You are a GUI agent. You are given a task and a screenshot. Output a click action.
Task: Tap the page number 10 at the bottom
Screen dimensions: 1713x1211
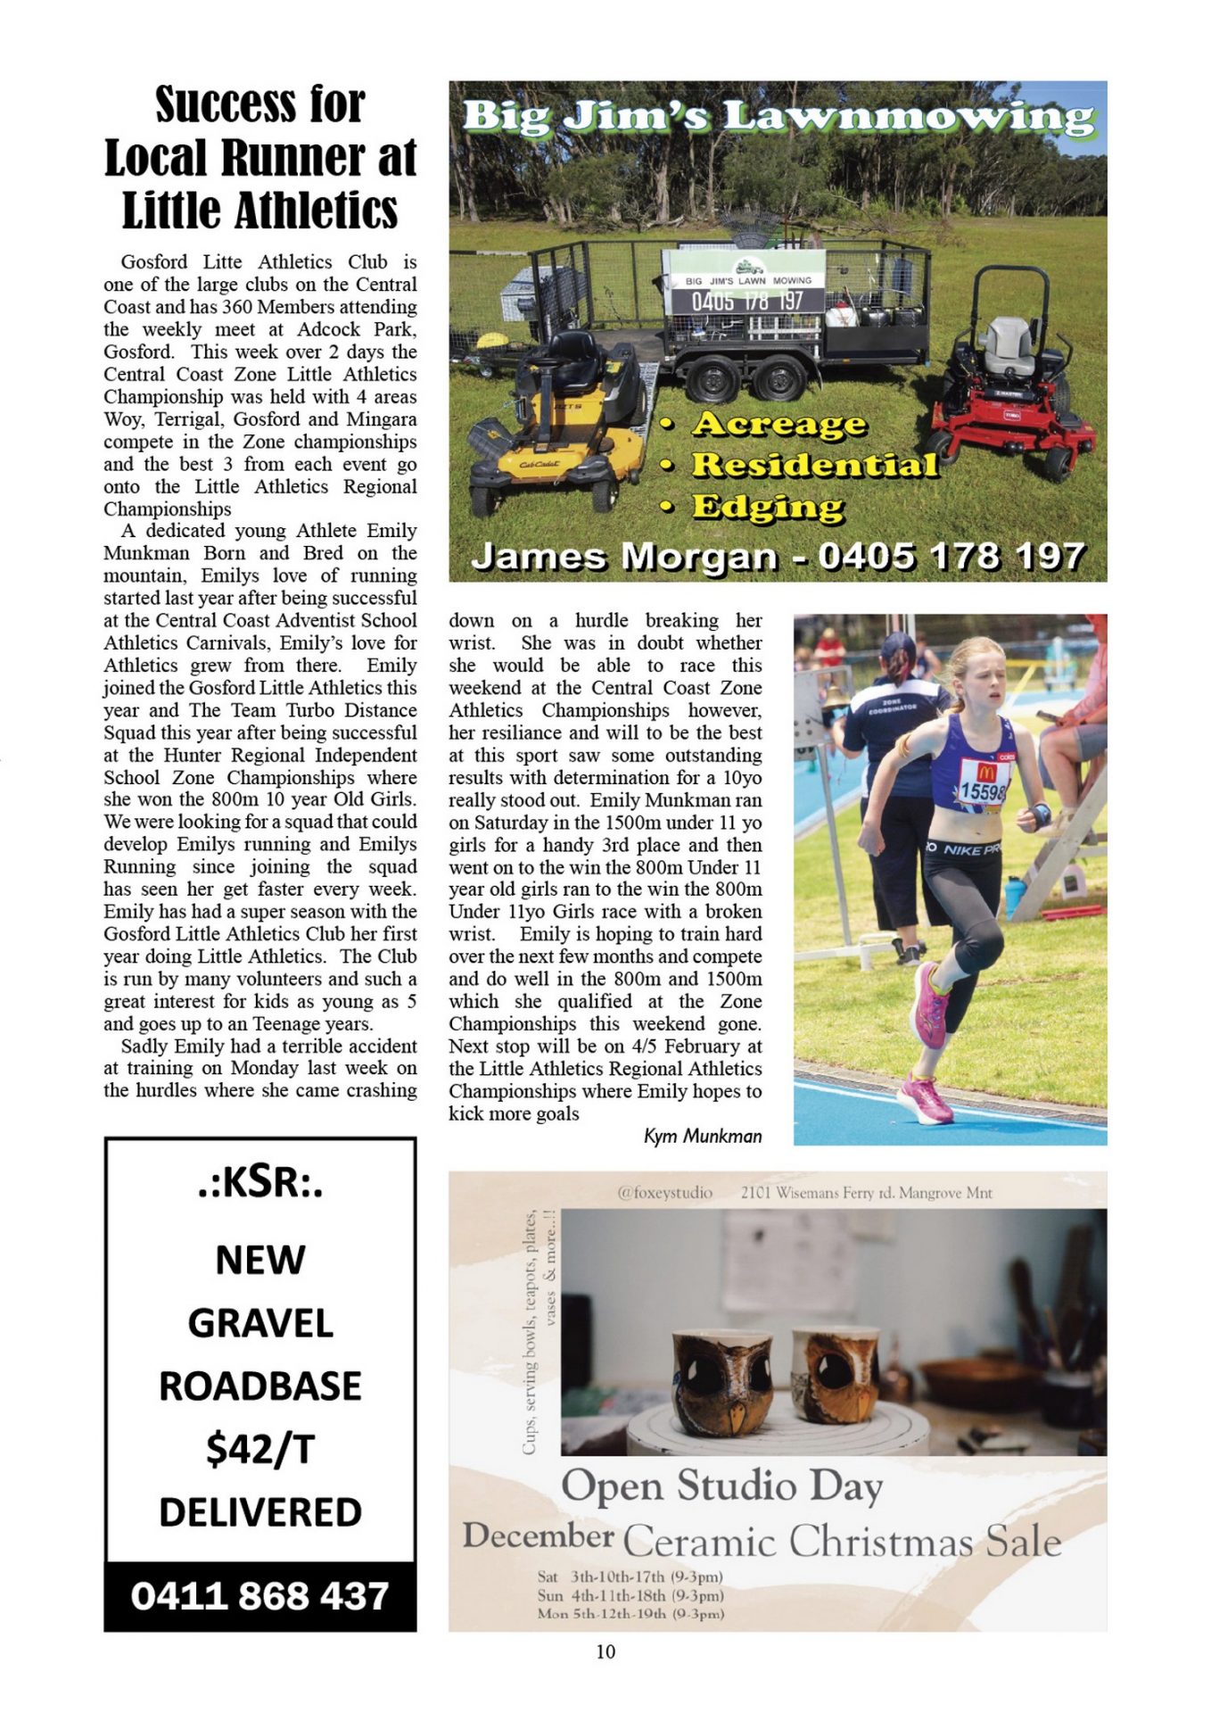[x=605, y=1651]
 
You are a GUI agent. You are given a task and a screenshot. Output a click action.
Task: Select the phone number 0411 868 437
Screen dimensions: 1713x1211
[x=259, y=1596]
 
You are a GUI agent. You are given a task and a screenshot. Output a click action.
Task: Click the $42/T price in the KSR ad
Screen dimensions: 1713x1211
[x=259, y=1449]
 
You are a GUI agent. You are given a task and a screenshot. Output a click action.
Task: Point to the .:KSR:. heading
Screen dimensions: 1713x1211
[x=259, y=1183]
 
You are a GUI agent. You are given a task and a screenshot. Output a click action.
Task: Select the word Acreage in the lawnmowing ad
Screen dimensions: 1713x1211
[x=778, y=424]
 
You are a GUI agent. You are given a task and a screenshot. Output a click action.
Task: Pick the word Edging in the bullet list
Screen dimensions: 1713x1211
[x=768, y=507]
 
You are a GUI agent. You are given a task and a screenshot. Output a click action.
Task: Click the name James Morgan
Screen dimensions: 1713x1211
[x=624, y=557]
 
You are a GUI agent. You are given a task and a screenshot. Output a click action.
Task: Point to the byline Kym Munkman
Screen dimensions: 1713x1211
[x=703, y=1136]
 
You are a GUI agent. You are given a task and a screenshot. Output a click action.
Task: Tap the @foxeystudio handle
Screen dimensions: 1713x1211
[x=664, y=1193]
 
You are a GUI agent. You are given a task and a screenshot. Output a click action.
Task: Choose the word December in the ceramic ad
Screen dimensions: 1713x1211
[x=538, y=1535]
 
